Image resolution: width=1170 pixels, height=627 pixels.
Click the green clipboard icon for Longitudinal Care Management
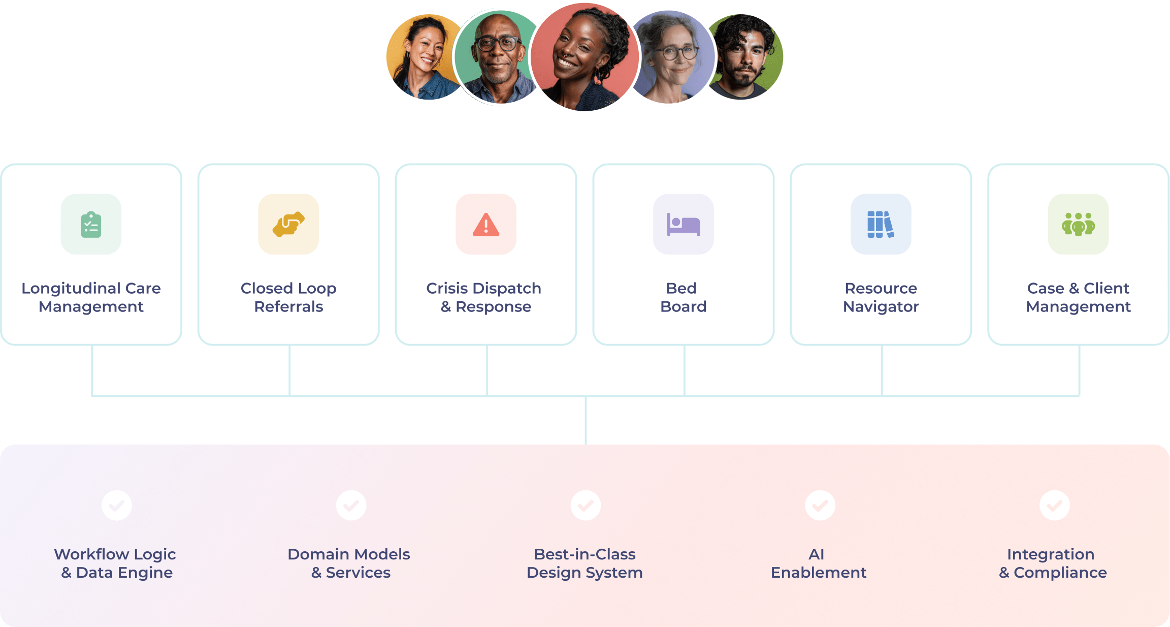coord(91,224)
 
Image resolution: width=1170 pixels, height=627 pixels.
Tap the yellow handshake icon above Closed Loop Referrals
coord(288,224)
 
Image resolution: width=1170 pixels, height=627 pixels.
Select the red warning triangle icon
coord(486,224)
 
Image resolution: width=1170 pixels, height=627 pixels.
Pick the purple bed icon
coord(683,224)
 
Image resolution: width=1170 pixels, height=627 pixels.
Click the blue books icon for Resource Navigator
coord(881,224)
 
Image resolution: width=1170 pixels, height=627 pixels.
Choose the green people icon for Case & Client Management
coord(1078,224)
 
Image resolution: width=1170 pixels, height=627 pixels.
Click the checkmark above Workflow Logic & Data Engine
coord(117,505)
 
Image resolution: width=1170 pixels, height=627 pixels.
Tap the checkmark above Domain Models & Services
coord(351,505)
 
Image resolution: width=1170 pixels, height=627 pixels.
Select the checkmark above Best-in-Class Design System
coord(586,505)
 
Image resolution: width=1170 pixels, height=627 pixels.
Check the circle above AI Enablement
coord(820,505)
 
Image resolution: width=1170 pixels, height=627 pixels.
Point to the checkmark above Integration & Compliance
coord(1055,505)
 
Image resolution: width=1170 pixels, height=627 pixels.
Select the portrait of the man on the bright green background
coord(746,57)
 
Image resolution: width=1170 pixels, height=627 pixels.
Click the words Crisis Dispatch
coord(483,288)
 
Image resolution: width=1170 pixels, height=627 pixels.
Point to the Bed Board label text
coord(683,297)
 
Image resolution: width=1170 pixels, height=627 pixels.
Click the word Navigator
coord(881,306)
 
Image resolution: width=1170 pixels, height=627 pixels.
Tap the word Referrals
coord(288,306)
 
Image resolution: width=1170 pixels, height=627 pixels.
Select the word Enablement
coord(818,573)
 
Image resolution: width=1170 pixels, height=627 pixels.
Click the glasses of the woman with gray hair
coord(675,52)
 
